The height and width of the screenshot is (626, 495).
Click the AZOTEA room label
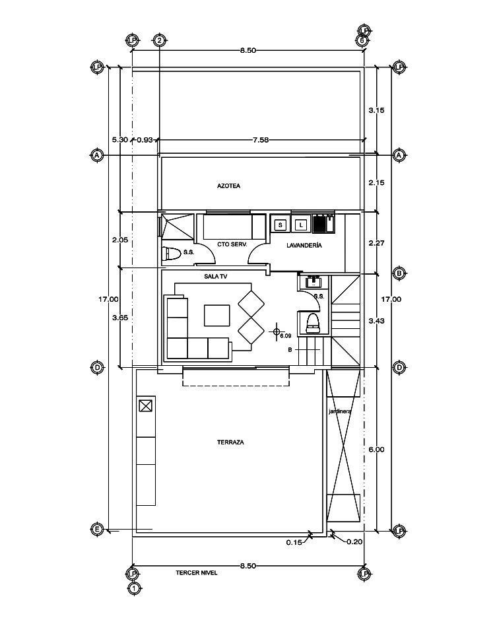point(228,186)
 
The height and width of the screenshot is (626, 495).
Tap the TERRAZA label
point(230,442)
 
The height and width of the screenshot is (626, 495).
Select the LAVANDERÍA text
point(304,245)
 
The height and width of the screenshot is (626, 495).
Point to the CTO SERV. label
point(232,244)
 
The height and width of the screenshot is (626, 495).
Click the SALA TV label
point(215,276)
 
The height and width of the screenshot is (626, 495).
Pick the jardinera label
point(340,411)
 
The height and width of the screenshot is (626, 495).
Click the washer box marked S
point(280,225)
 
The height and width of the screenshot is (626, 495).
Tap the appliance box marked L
point(302,225)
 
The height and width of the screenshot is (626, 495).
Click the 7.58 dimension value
point(261,140)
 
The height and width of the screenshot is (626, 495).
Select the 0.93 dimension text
point(145,140)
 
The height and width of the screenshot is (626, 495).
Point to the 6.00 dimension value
point(376,449)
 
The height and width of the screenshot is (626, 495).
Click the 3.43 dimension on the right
point(376,320)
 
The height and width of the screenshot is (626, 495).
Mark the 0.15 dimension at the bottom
point(294,542)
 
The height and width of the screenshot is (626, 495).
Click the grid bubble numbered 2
point(159,40)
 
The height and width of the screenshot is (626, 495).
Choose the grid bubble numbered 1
point(135,588)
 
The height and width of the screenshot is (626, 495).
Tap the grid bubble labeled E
point(96,529)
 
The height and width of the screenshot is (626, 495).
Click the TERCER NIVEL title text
point(197,573)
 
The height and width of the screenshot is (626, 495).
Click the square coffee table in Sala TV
point(217,316)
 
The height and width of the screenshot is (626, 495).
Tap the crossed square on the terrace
point(146,406)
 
